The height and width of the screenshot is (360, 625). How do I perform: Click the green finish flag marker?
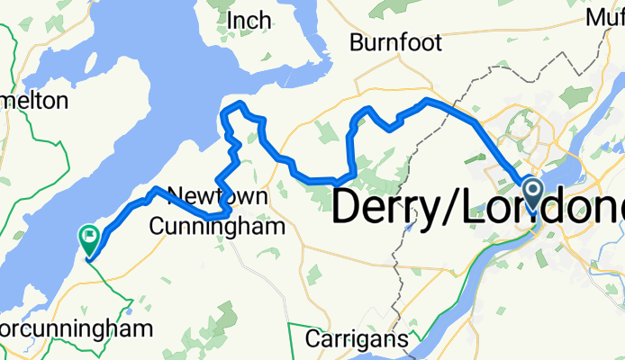click(x=90, y=238)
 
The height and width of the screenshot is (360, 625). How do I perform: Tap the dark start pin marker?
click(x=531, y=193)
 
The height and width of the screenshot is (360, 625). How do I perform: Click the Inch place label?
click(x=249, y=19)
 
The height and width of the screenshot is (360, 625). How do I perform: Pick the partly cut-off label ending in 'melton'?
click(x=33, y=99)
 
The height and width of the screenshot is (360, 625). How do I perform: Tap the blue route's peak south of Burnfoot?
click(x=428, y=102)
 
